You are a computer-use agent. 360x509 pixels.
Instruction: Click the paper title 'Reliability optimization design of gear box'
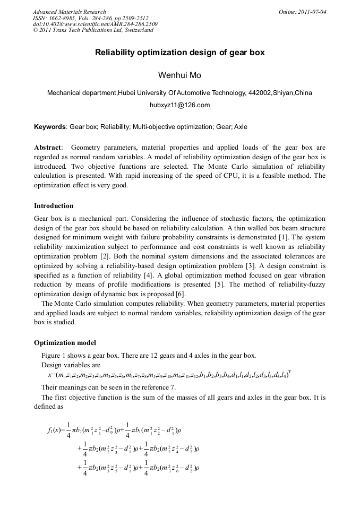point(179,53)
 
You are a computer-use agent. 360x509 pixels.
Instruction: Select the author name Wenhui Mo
point(179,75)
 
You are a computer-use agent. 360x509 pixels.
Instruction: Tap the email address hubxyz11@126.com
point(179,105)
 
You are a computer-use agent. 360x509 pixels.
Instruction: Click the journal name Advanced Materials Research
point(69,12)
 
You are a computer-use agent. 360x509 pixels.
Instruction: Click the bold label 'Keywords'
point(50,127)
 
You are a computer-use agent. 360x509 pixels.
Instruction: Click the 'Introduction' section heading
point(54,206)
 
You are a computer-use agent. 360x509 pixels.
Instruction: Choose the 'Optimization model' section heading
point(65,342)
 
